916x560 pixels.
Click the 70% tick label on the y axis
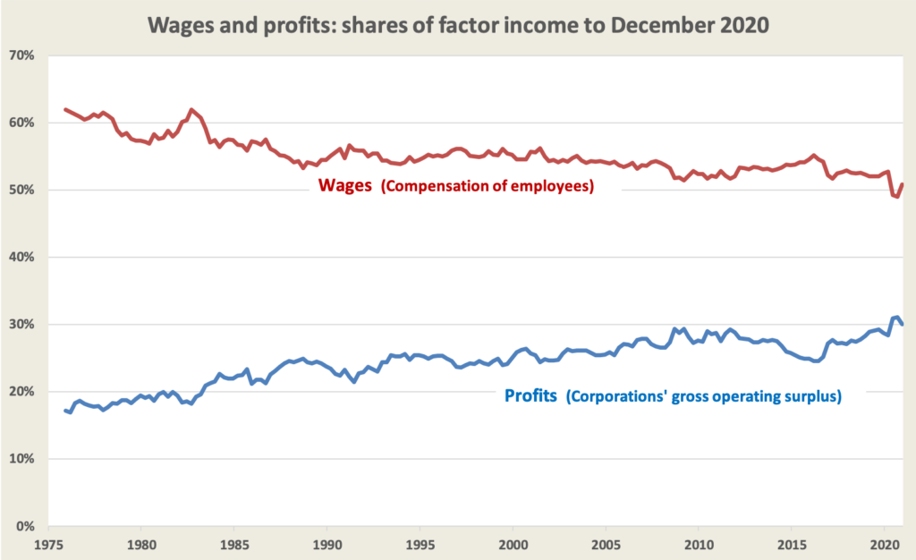click(x=21, y=55)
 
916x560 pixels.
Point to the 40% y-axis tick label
click(x=21, y=258)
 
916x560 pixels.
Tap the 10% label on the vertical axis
click(x=21, y=459)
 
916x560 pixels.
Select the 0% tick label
click(x=24, y=526)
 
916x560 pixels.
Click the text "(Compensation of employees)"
click(x=484, y=190)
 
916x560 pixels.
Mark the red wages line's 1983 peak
click(x=191, y=109)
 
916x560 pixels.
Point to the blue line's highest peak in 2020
click(x=896, y=317)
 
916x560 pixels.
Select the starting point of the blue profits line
click(x=65, y=411)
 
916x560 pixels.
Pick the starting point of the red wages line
click(x=65, y=109)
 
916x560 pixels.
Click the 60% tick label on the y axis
click(x=21, y=123)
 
